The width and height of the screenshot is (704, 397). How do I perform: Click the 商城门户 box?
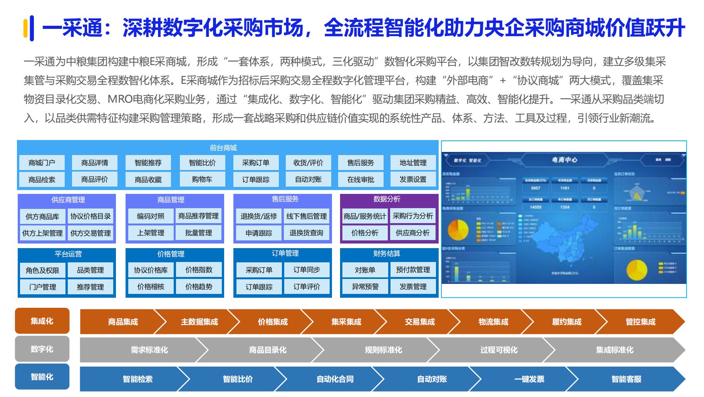(x=42, y=163)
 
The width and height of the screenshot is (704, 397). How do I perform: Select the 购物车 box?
(x=202, y=179)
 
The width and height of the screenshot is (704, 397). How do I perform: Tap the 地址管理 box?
(x=413, y=163)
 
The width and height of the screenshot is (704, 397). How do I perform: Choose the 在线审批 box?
(x=360, y=179)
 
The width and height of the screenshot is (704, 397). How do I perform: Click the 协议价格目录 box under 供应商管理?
(x=91, y=216)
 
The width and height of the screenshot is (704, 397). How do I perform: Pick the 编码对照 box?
(x=151, y=216)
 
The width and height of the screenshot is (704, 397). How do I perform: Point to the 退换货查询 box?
(x=307, y=233)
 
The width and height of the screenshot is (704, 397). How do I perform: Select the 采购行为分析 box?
(x=413, y=216)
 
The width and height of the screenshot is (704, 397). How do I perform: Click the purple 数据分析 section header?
(x=387, y=199)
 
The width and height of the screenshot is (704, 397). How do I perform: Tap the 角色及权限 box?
(x=42, y=270)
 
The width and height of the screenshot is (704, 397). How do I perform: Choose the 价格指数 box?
(x=199, y=270)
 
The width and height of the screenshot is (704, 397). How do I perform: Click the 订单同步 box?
(x=307, y=270)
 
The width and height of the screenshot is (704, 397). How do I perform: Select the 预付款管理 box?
(x=413, y=270)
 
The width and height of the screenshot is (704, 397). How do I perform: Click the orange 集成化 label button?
(x=42, y=321)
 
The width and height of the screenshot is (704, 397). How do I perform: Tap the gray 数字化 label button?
(x=42, y=349)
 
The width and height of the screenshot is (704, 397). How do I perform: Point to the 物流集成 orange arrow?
(x=493, y=322)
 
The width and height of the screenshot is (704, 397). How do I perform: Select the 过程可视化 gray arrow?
(x=499, y=350)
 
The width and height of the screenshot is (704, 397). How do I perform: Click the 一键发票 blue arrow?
(x=529, y=379)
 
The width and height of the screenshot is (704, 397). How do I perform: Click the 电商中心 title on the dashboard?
(x=564, y=160)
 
